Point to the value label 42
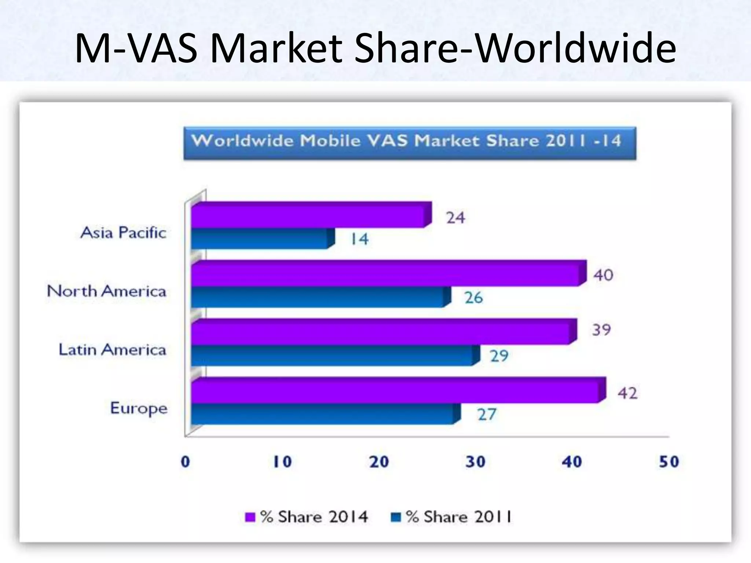627,393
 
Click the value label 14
359,239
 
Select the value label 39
601,330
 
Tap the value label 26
474,298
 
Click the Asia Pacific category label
123,233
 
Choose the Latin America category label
112,350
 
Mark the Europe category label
139,408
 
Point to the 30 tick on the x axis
475,462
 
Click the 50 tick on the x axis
669,462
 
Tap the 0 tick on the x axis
186,462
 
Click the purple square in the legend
250,517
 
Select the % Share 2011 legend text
458,517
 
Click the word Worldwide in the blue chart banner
242,141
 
